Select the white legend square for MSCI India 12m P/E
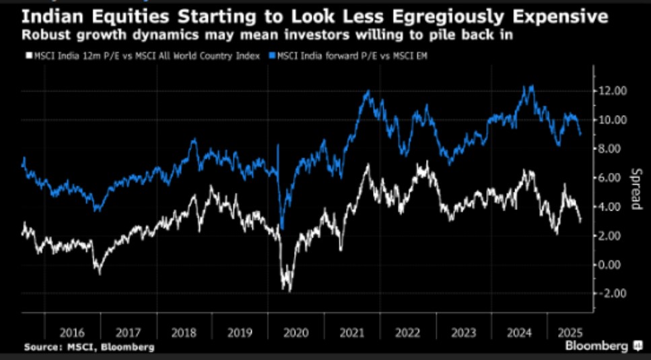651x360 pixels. click(29, 56)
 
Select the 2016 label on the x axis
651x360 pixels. click(72, 332)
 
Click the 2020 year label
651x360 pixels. click(296, 332)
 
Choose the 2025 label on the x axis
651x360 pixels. click(570, 332)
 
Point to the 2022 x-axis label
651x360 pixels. click(407, 332)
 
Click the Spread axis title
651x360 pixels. click(636, 188)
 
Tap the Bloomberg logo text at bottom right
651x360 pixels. click(597, 345)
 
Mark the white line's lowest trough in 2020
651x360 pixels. click(289, 291)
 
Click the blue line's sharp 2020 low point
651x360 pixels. click(282, 229)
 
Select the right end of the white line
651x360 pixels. click(580, 221)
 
